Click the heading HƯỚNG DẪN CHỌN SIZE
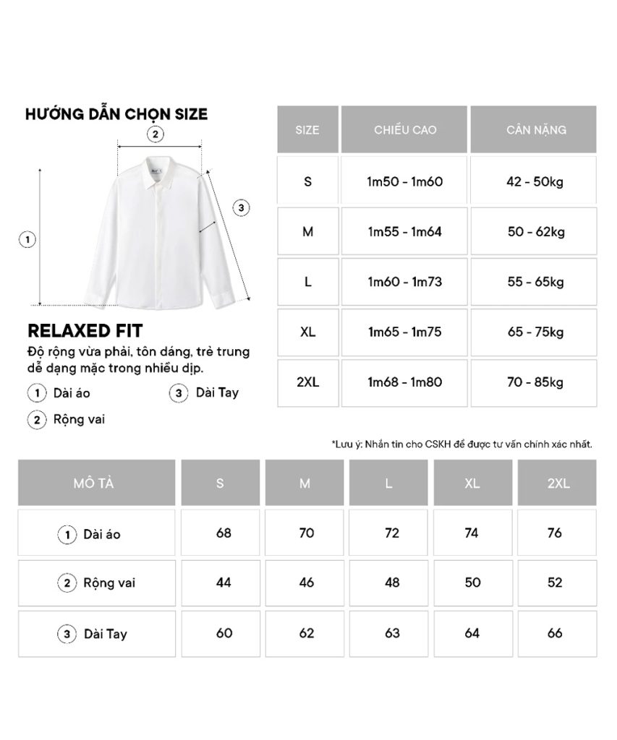116,114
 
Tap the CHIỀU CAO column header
405,130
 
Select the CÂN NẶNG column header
535,130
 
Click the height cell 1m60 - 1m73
405,282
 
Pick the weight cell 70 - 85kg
535,382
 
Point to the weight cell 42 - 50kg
535,181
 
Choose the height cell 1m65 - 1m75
405,332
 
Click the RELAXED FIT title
85,331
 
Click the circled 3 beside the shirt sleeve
242,208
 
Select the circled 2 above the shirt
154,134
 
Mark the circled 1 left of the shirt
27,240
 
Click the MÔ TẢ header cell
96,483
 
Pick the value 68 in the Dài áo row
224,533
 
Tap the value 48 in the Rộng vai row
391,582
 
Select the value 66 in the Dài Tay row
555,633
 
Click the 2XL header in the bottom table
558,483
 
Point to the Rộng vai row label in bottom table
108,582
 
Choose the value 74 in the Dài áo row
472,533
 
